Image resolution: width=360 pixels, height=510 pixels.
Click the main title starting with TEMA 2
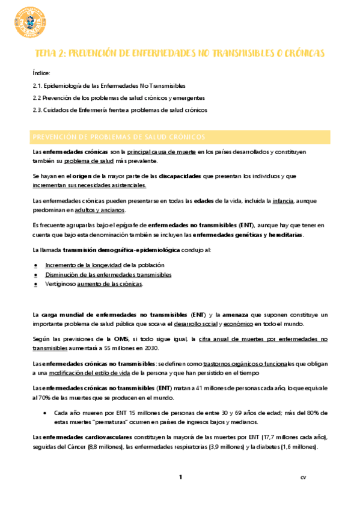point(180,54)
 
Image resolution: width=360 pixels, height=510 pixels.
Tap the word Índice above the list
point(42,72)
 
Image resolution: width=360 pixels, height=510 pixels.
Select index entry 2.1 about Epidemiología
point(109,85)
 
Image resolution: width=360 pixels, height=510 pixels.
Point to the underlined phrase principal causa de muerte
point(161,152)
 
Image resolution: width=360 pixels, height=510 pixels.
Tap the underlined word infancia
point(283,200)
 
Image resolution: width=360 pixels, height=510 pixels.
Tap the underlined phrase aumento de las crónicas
point(110,284)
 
